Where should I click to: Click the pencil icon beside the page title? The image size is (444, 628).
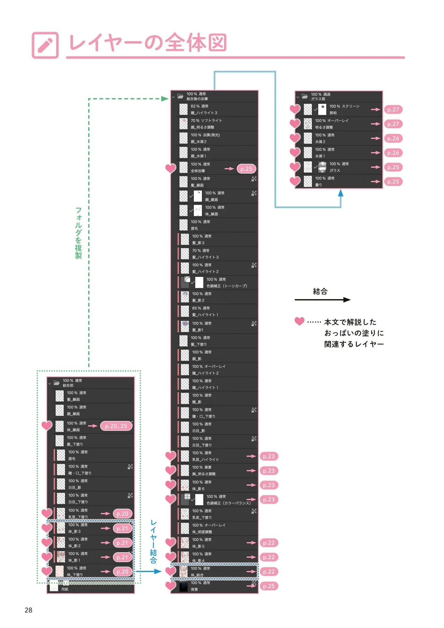point(45,45)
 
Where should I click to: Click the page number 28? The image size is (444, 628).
point(28,610)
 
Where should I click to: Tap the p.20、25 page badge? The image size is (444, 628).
point(116,426)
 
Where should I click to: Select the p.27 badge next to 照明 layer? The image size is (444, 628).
point(393,109)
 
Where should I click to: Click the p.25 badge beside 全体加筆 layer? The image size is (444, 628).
point(246,169)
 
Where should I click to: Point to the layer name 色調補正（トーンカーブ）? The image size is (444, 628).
point(227,286)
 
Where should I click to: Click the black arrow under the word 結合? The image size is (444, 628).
point(322,300)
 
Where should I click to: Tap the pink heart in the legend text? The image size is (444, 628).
point(299,321)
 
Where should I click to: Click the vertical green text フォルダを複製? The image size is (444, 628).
point(79,233)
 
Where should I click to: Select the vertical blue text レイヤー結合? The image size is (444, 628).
point(153,542)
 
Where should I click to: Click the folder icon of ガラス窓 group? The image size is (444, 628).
point(305,96)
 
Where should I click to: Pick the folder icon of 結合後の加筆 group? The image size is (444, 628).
point(180,96)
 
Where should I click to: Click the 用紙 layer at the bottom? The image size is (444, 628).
point(65,589)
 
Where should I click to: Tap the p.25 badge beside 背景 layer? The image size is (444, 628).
point(268,586)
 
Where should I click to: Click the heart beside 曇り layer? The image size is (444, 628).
point(295,181)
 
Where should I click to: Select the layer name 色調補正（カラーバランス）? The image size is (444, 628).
point(228,503)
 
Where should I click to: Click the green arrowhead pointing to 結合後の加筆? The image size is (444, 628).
point(165,99)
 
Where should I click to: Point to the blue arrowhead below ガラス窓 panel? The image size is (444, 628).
point(341,193)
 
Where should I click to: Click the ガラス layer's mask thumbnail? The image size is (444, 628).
point(322,167)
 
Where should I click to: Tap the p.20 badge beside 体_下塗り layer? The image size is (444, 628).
point(122,571)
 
